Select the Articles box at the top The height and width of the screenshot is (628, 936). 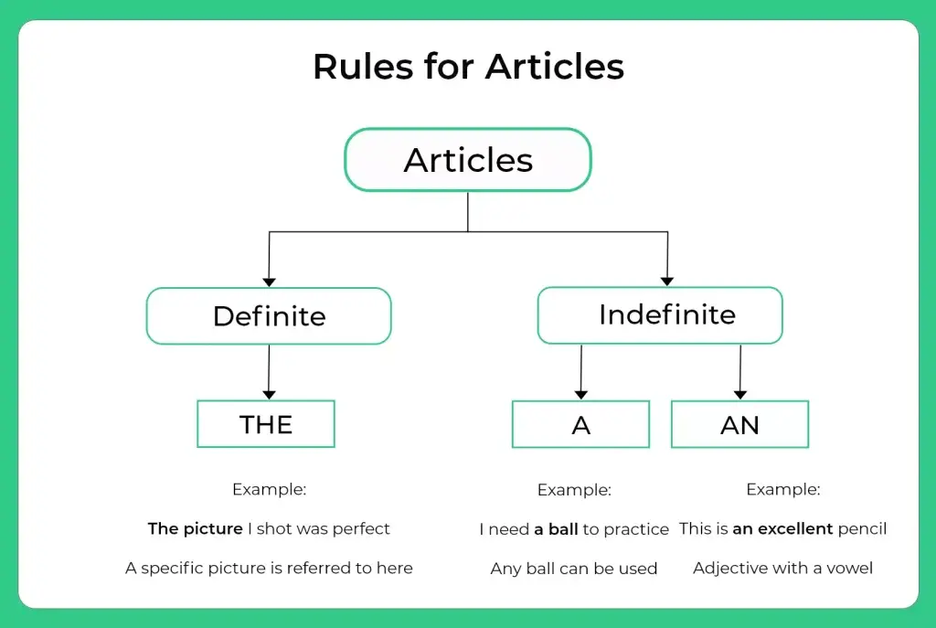click(468, 159)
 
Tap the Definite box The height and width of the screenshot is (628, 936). click(269, 315)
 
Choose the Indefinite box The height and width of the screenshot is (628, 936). click(660, 315)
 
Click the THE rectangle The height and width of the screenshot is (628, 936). click(266, 424)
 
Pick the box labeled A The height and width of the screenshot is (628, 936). click(580, 424)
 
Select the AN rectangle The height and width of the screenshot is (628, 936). click(740, 424)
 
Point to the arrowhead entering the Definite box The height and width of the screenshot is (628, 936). click(270, 282)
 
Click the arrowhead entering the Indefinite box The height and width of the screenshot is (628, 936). click(667, 282)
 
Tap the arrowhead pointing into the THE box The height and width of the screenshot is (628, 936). click(269, 395)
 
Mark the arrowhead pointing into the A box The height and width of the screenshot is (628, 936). click(580, 395)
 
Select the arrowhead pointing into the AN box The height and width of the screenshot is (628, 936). click(740, 395)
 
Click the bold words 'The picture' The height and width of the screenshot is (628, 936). click(196, 529)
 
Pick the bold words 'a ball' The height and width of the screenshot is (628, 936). click(556, 529)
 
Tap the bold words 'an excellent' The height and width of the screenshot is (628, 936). click(782, 529)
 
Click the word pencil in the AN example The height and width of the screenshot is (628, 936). click(863, 529)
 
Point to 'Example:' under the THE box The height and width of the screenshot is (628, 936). click(270, 490)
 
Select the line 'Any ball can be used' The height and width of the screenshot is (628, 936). click(574, 569)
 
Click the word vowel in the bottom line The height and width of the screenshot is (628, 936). click(849, 569)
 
